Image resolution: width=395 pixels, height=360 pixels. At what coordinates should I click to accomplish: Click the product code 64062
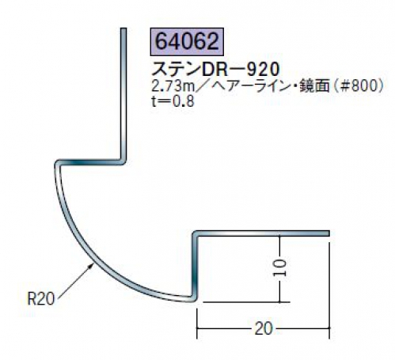pos(187,42)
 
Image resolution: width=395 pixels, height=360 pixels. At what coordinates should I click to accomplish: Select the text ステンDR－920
pos(215,70)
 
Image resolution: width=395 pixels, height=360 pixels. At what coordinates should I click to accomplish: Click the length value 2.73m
pos(173,86)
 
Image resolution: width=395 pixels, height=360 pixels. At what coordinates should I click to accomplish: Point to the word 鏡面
pos(314,86)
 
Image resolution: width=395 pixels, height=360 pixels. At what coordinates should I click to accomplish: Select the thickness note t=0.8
pos(173,101)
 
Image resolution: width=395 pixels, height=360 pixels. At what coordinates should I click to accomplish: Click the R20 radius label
pos(41,299)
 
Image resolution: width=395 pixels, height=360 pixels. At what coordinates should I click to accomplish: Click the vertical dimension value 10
pos(279,267)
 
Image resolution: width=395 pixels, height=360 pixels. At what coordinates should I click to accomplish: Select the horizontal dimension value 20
pos(263,328)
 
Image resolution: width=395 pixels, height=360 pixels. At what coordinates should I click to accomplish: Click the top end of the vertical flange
pos(123,28)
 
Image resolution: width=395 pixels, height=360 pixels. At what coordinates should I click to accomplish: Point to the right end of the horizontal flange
pos(328,233)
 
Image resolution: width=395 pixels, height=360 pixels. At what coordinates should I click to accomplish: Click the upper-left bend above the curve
pos(58,164)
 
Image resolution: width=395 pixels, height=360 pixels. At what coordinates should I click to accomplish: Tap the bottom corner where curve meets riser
pos(194,298)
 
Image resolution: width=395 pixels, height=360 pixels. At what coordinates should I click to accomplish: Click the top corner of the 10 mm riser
pos(196,234)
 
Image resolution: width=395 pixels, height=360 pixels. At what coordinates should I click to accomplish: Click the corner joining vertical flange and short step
pos(123,161)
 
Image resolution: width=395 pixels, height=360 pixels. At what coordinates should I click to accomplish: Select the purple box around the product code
pos(187,42)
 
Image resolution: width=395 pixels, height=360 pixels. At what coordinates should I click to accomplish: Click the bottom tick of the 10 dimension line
pos(279,301)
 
